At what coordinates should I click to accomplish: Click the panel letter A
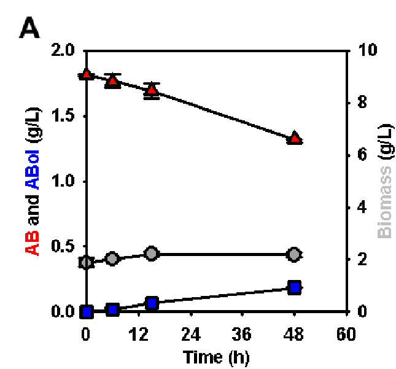pyautogui.click(x=29, y=28)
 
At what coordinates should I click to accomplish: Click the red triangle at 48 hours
pyautogui.click(x=295, y=138)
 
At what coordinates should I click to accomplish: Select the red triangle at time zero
pyautogui.click(x=87, y=74)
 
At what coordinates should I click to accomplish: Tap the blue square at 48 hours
pyautogui.click(x=295, y=287)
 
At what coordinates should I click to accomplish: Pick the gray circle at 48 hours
pyautogui.click(x=294, y=255)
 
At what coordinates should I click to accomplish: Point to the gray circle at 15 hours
pyautogui.click(x=151, y=253)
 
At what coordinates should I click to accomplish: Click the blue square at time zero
pyautogui.click(x=87, y=312)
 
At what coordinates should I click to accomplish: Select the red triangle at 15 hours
pyautogui.click(x=152, y=90)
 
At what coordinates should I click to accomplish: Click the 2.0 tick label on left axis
pyautogui.click(x=63, y=50)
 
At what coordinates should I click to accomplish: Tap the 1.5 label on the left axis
pyautogui.click(x=63, y=116)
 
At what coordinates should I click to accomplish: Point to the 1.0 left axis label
pyautogui.click(x=63, y=181)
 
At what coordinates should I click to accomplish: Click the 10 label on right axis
pyautogui.click(x=368, y=49)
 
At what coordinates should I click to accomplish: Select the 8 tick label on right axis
pyautogui.click(x=362, y=103)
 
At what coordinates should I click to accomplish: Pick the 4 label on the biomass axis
pyautogui.click(x=362, y=207)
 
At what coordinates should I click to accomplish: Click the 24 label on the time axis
pyautogui.click(x=191, y=334)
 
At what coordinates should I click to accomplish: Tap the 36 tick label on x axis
pyautogui.click(x=242, y=334)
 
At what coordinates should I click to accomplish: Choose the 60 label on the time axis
pyautogui.click(x=346, y=334)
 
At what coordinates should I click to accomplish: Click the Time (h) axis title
pyautogui.click(x=216, y=357)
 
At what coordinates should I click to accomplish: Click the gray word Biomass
pyautogui.click(x=384, y=202)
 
